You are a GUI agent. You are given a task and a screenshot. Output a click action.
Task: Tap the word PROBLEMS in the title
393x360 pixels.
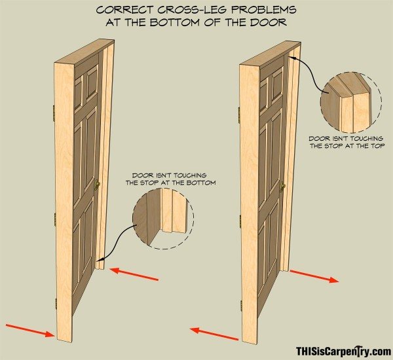pos(263,10)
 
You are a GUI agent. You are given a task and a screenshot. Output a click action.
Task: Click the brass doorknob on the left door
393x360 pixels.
pos(97,185)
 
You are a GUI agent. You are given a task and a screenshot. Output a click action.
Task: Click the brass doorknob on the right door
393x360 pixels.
pos(282,186)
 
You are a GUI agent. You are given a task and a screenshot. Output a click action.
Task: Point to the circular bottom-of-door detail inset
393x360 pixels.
pos(163,219)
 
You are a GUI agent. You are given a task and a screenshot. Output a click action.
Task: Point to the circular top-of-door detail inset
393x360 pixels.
pos(351,102)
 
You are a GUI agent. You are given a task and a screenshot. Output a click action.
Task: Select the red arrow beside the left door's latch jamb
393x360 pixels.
pos(134,274)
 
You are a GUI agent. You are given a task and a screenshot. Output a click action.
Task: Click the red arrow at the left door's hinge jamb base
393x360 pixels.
pos(30,331)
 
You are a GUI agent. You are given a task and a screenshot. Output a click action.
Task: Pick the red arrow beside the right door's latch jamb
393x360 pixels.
pos(314,276)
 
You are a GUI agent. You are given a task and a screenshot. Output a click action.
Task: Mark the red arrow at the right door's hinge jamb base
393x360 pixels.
pos(214,334)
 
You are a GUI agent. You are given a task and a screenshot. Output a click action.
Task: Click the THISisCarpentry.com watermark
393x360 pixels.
pos(343,351)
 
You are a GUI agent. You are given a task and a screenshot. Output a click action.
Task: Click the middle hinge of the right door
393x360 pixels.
pos(240,222)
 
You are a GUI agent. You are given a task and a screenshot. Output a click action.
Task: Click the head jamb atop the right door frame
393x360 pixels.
pos(270,54)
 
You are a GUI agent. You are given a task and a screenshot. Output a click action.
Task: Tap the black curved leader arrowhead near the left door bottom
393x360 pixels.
pos(100,260)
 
